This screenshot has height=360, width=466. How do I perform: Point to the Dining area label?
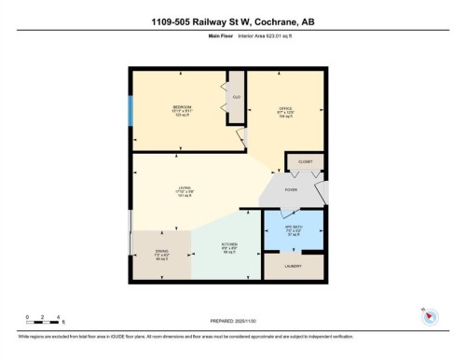coord(161,251)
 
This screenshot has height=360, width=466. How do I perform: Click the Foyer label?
coord(291,189)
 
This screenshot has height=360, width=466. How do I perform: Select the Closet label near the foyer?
coord(305,161)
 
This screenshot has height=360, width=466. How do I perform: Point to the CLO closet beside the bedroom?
coord(237,96)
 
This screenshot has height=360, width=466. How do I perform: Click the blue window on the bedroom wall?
coord(130,113)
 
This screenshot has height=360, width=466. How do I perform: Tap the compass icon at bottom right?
coord(429,315)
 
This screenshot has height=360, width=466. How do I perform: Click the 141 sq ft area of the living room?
coord(185,196)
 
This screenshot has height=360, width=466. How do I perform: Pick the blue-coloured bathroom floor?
coord(294,238)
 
